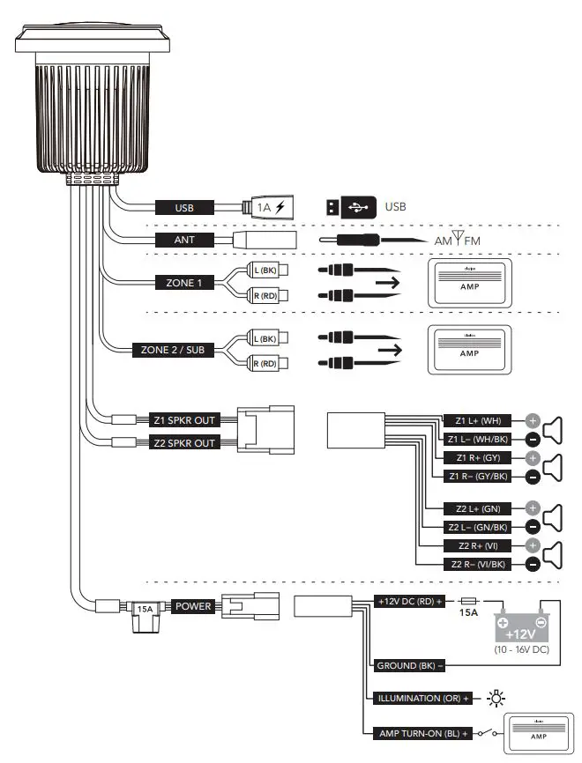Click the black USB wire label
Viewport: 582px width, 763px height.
point(184,208)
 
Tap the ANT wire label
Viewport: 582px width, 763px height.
point(184,240)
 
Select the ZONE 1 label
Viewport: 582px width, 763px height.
point(184,283)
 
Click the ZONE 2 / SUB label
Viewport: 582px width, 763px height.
point(173,350)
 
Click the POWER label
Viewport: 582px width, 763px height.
point(192,606)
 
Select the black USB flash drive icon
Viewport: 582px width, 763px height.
point(348,208)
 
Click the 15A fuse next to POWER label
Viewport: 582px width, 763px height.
point(143,608)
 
